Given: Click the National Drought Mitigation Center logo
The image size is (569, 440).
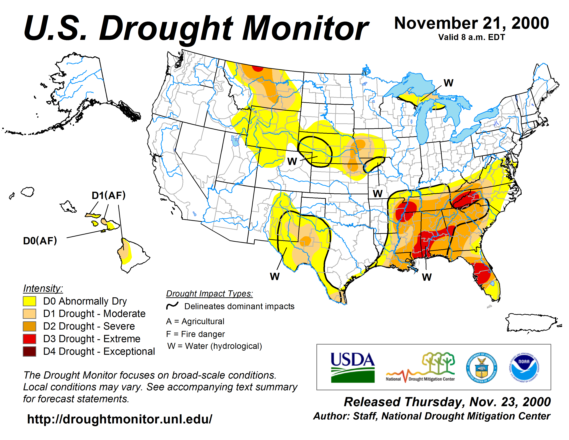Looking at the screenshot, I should tap(420, 368).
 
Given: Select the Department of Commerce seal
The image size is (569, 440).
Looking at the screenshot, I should tap(481, 368).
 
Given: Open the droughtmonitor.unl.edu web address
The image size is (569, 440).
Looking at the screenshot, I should tap(120, 419).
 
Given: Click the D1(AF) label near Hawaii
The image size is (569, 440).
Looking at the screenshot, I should tap(109, 195).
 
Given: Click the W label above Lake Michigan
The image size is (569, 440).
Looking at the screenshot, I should tap(448, 83).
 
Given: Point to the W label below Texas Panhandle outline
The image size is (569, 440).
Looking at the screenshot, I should tap(275, 276).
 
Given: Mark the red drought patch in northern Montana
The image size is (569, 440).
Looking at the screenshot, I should tap(258, 68).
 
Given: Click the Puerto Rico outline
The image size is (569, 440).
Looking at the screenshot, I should tap(531, 323).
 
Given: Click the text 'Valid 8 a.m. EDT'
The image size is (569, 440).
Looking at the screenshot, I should tap(472, 37).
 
